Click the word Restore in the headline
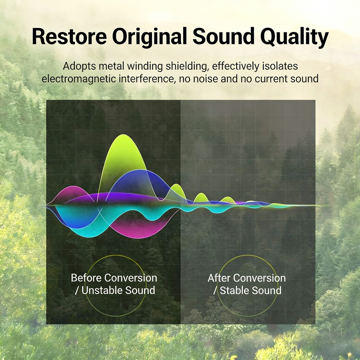coord(69,37)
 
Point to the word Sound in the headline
coord(223,37)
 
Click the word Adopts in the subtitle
coord(79,66)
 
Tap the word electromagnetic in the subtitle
coord(79,79)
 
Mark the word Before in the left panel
coord(86,278)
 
